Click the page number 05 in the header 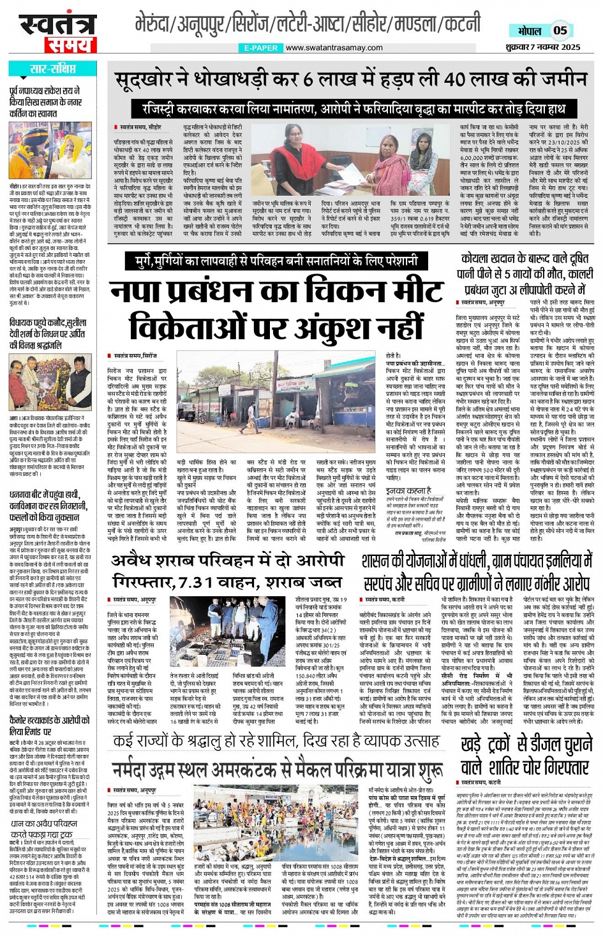[x=560, y=30]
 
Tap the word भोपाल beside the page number [x=530, y=31]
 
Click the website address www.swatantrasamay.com [x=334, y=48]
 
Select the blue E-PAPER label [x=261, y=48]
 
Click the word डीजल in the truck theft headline [x=538, y=744]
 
